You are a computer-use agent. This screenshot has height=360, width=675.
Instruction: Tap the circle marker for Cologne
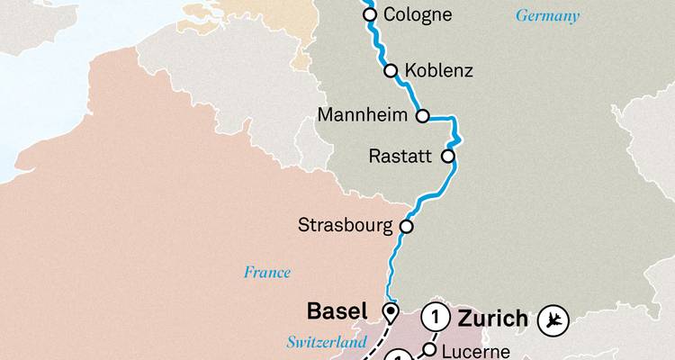point(369,14)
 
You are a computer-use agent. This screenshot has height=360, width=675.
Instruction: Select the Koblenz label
point(439,70)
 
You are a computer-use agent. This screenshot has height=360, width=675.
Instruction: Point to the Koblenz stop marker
point(391,70)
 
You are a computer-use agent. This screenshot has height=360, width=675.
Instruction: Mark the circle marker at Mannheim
point(423,116)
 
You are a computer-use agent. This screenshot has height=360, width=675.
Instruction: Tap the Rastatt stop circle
point(447,157)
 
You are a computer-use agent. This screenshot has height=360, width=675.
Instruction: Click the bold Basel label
point(337,311)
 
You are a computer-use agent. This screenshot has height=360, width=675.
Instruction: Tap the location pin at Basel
point(390,313)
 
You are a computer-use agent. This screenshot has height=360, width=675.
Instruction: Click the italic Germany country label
point(547,16)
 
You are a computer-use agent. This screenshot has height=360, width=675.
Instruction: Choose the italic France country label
point(267,272)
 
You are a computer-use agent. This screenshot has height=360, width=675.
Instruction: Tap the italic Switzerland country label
point(327,343)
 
